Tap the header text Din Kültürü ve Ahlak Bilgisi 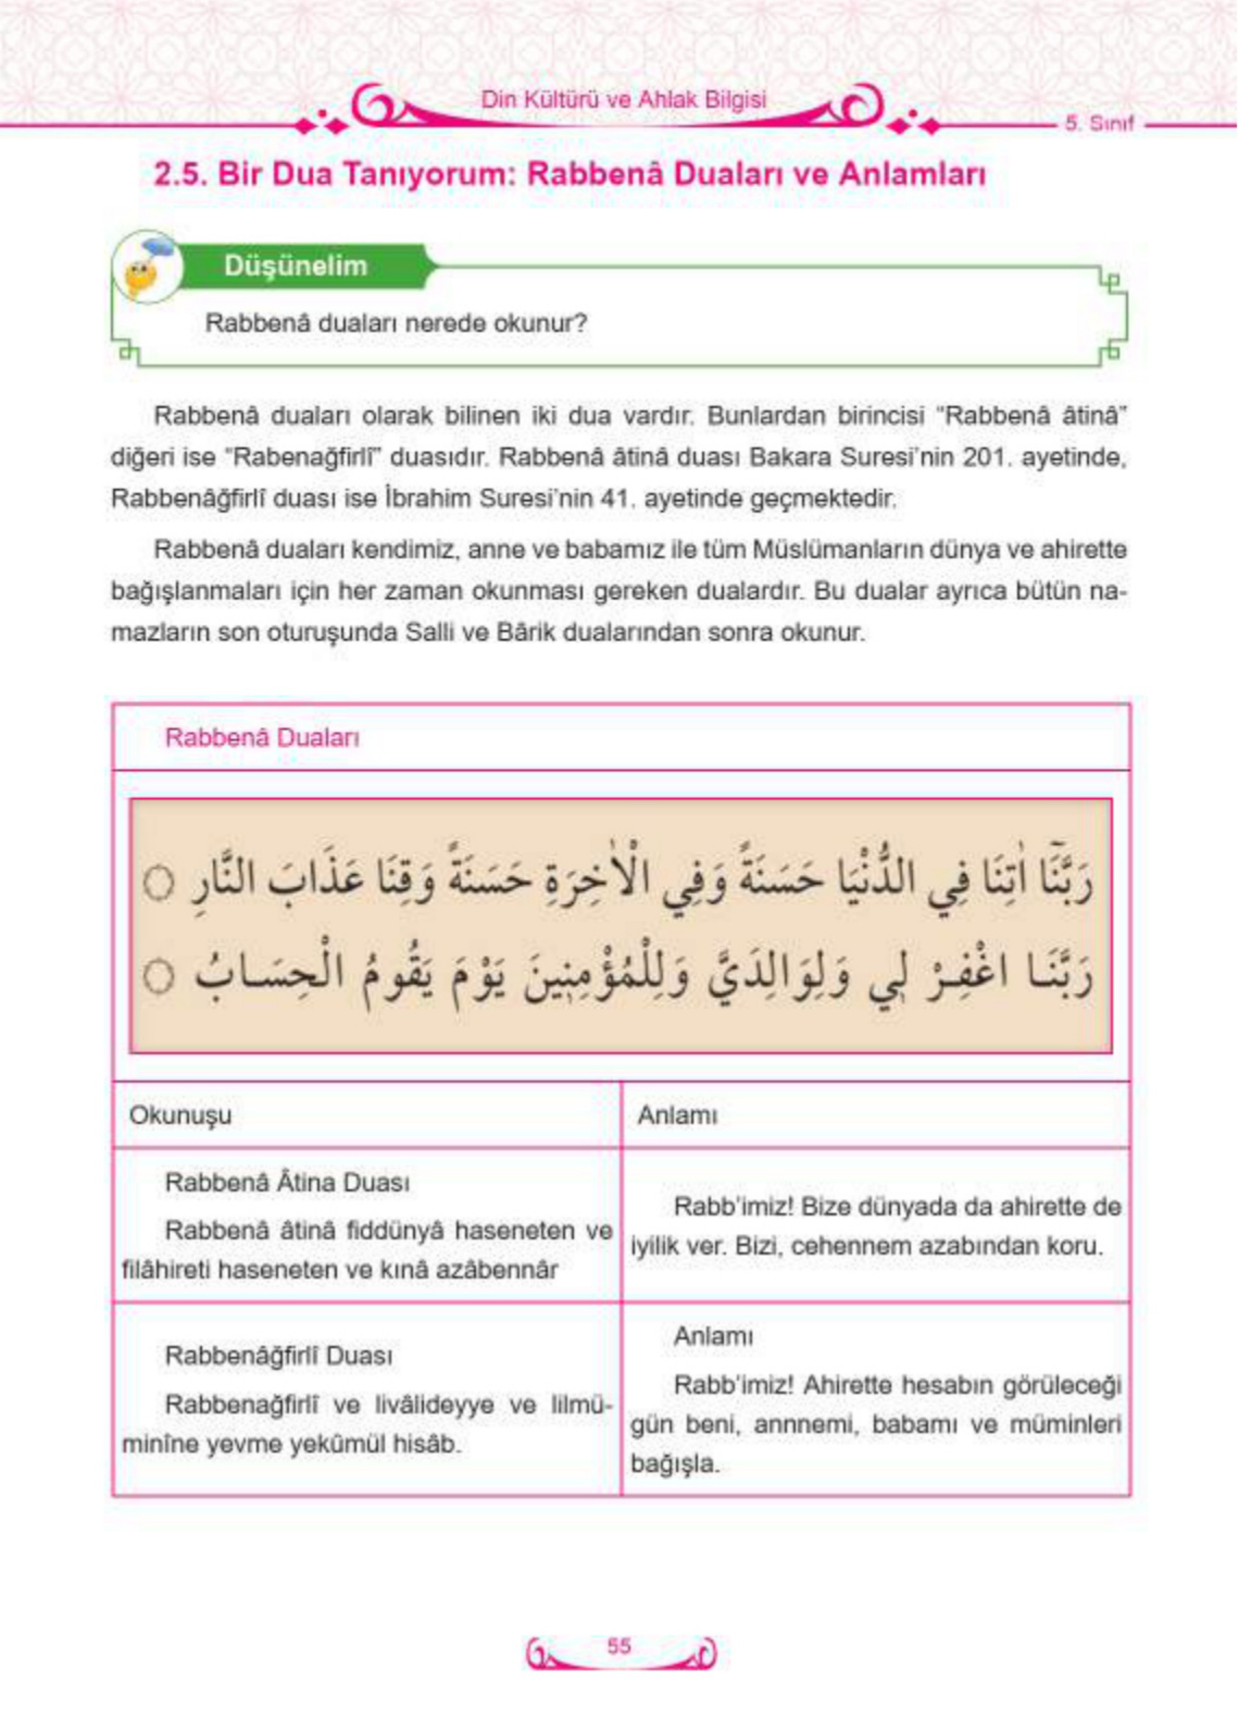[x=623, y=100]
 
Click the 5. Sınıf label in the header [x=1098, y=125]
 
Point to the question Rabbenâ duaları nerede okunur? [x=396, y=323]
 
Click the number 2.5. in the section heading [x=179, y=175]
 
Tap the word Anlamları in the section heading [x=911, y=175]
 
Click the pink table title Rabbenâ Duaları [x=262, y=738]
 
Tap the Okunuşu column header [x=180, y=1115]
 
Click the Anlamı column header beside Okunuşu [x=677, y=1115]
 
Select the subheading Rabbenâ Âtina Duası [x=287, y=1184]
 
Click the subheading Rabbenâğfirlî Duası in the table [x=279, y=1356]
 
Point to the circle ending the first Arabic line [x=159, y=885]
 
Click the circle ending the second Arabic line [x=159, y=978]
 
